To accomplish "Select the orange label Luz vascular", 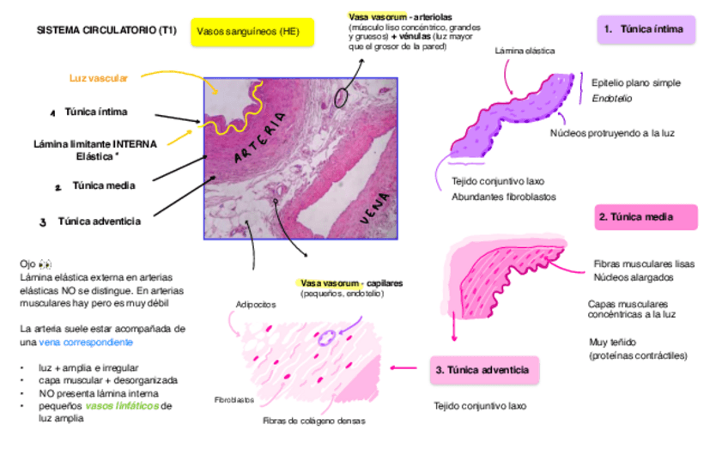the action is click(99, 78).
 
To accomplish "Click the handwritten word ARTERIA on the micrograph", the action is click(265, 137).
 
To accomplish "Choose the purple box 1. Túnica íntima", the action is click(646, 29).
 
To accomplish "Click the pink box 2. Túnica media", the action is click(646, 217).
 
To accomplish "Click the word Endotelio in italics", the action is click(611, 99).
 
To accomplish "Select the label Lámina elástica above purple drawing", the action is click(525, 51).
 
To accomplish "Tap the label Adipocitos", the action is click(256, 305).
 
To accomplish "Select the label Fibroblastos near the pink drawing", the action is click(234, 400).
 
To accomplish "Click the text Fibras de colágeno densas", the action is click(313, 422).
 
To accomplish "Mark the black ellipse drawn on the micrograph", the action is click(342, 95).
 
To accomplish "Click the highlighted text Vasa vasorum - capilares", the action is click(351, 282).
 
